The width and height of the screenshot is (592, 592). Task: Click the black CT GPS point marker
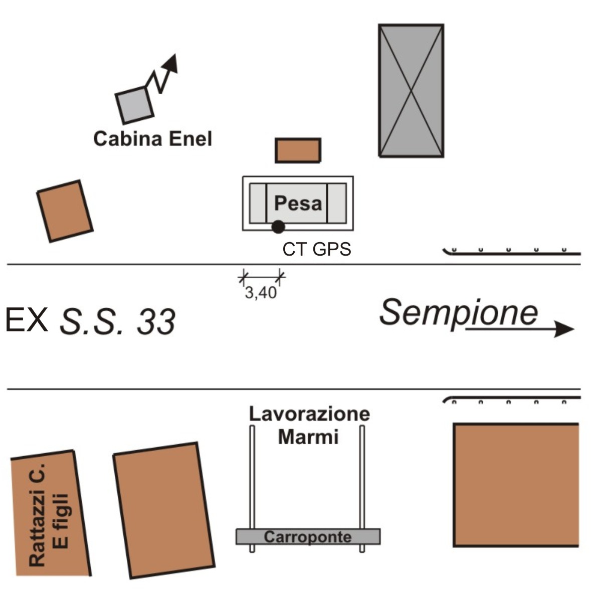(278, 227)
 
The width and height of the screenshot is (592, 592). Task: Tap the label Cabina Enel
(152, 138)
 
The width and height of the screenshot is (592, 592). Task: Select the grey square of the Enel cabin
(134, 105)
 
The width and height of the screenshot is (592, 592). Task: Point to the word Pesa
(298, 204)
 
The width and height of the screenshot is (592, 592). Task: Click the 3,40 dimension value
(260, 293)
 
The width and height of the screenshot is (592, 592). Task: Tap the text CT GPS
(317, 249)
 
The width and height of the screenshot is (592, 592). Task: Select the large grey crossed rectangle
(411, 91)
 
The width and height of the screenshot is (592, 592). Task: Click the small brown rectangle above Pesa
(298, 150)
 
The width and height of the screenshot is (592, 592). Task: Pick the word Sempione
(458, 312)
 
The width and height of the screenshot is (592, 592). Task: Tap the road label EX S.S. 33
(90, 321)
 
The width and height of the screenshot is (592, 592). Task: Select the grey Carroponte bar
(308, 536)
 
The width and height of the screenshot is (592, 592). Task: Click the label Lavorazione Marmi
(309, 426)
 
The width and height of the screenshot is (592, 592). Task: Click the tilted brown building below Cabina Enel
(65, 211)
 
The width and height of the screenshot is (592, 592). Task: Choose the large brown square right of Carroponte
(516, 485)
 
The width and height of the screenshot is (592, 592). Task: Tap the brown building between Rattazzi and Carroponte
(163, 510)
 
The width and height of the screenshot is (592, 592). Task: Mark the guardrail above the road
(511, 253)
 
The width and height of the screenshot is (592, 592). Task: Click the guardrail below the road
(511, 399)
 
